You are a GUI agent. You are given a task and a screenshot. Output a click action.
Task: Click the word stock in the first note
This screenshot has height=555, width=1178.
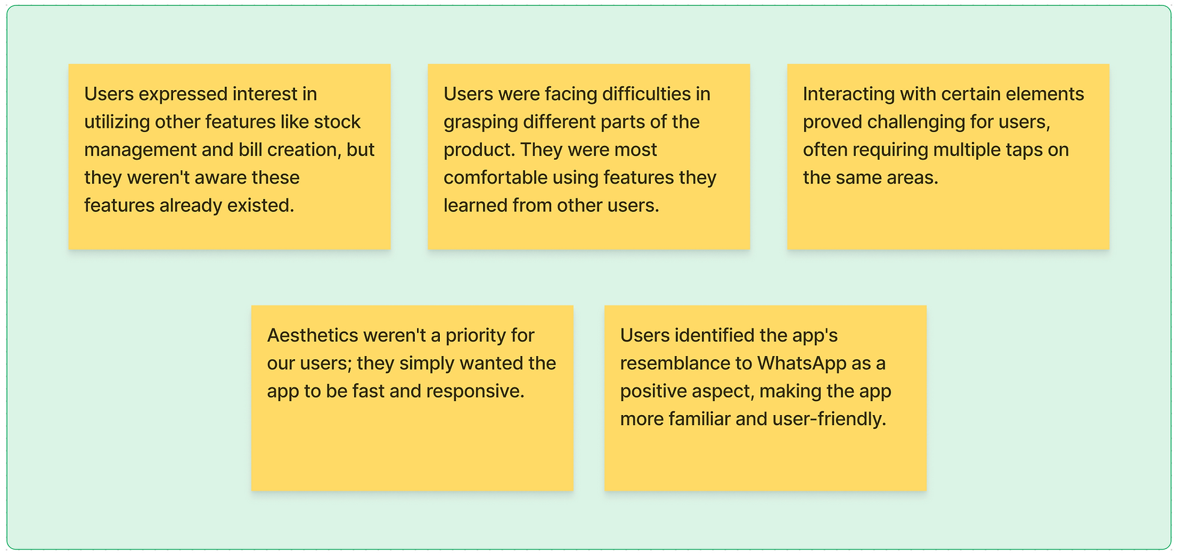click(x=337, y=122)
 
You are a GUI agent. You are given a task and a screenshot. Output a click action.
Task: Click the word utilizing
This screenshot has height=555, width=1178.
click(x=117, y=123)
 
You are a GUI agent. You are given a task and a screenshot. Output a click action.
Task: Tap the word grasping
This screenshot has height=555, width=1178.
click(x=480, y=123)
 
